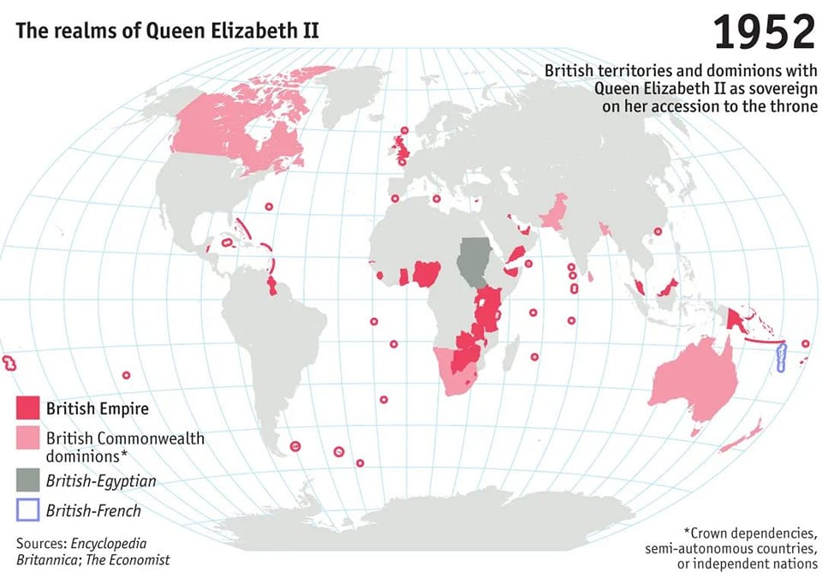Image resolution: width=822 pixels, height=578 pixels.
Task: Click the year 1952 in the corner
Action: [764, 32]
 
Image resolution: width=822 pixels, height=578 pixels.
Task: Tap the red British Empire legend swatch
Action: [28, 408]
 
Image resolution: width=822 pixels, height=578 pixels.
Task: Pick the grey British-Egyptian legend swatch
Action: [28, 480]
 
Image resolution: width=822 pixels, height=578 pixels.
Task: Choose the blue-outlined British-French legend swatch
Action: [28, 510]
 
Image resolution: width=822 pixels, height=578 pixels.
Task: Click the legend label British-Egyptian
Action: [101, 480]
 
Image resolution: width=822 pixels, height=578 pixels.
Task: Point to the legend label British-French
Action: [93, 511]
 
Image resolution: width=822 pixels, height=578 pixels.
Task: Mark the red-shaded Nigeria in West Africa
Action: [426, 274]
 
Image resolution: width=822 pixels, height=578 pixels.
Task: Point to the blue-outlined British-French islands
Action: [781, 357]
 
